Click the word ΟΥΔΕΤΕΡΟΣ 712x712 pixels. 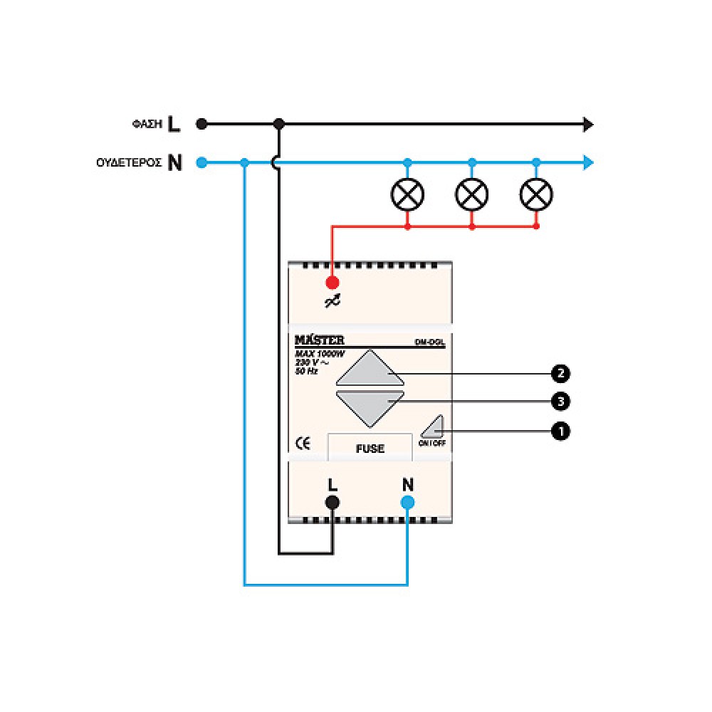pyautogui.click(x=128, y=163)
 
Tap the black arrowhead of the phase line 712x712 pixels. pyautogui.click(x=588, y=125)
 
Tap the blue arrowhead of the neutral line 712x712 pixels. pyautogui.click(x=588, y=163)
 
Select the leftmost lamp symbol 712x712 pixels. pyautogui.click(x=407, y=194)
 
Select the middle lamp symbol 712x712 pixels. pyautogui.click(x=472, y=194)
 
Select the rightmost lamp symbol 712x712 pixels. pyautogui.click(x=536, y=194)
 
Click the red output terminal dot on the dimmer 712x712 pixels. pyautogui.click(x=332, y=283)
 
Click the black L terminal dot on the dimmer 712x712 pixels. pyautogui.click(x=332, y=503)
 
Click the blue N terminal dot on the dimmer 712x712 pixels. pyautogui.click(x=407, y=503)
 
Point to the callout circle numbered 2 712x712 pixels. pyautogui.click(x=561, y=373)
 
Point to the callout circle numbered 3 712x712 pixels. pyautogui.click(x=561, y=402)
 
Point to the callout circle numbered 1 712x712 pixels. pyautogui.click(x=561, y=431)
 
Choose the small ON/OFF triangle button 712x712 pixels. pyautogui.click(x=433, y=427)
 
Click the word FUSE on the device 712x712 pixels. pyautogui.click(x=370, y=449)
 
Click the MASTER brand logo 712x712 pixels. pyautogui.click(x=320, y=340)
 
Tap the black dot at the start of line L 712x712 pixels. pyautogui.click(x=202, y=125)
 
